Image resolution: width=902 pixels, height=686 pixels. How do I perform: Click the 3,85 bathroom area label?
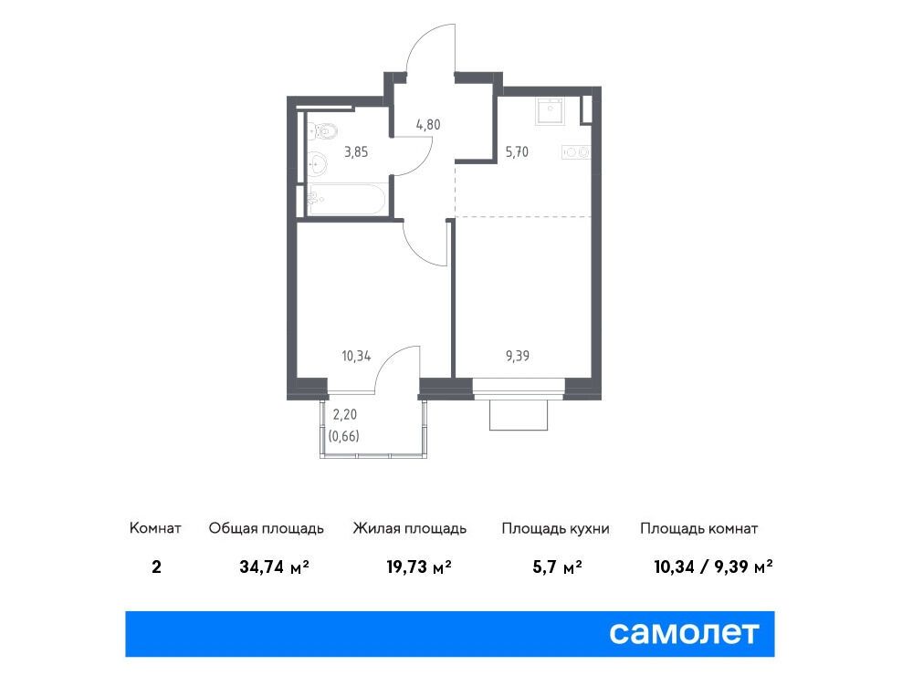[356, 152]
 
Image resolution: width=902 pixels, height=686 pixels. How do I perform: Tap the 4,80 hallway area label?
[428, 124]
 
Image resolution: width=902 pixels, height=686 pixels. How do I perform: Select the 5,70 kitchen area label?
[517, 152]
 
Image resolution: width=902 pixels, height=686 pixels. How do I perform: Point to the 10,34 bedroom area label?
[356, 356]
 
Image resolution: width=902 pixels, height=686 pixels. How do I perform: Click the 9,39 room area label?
[517, 356]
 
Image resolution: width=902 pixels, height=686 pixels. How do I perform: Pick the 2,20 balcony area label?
[344, 414]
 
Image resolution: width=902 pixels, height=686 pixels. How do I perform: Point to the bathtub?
[346, 200]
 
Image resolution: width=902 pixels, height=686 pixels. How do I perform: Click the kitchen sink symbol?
[551, 110]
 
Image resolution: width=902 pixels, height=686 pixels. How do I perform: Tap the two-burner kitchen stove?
[576, 152]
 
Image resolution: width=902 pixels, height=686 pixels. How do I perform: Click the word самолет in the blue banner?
[684, 633]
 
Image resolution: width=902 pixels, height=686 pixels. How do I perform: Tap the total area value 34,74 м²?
[275, 567]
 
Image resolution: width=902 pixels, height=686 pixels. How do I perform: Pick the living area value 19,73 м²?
[419, 567]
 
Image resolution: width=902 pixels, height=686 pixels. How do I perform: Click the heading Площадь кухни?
[555, 528]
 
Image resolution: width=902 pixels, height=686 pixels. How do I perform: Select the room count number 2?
[156, 567]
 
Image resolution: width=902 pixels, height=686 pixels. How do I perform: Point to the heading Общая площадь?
[267, 528]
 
